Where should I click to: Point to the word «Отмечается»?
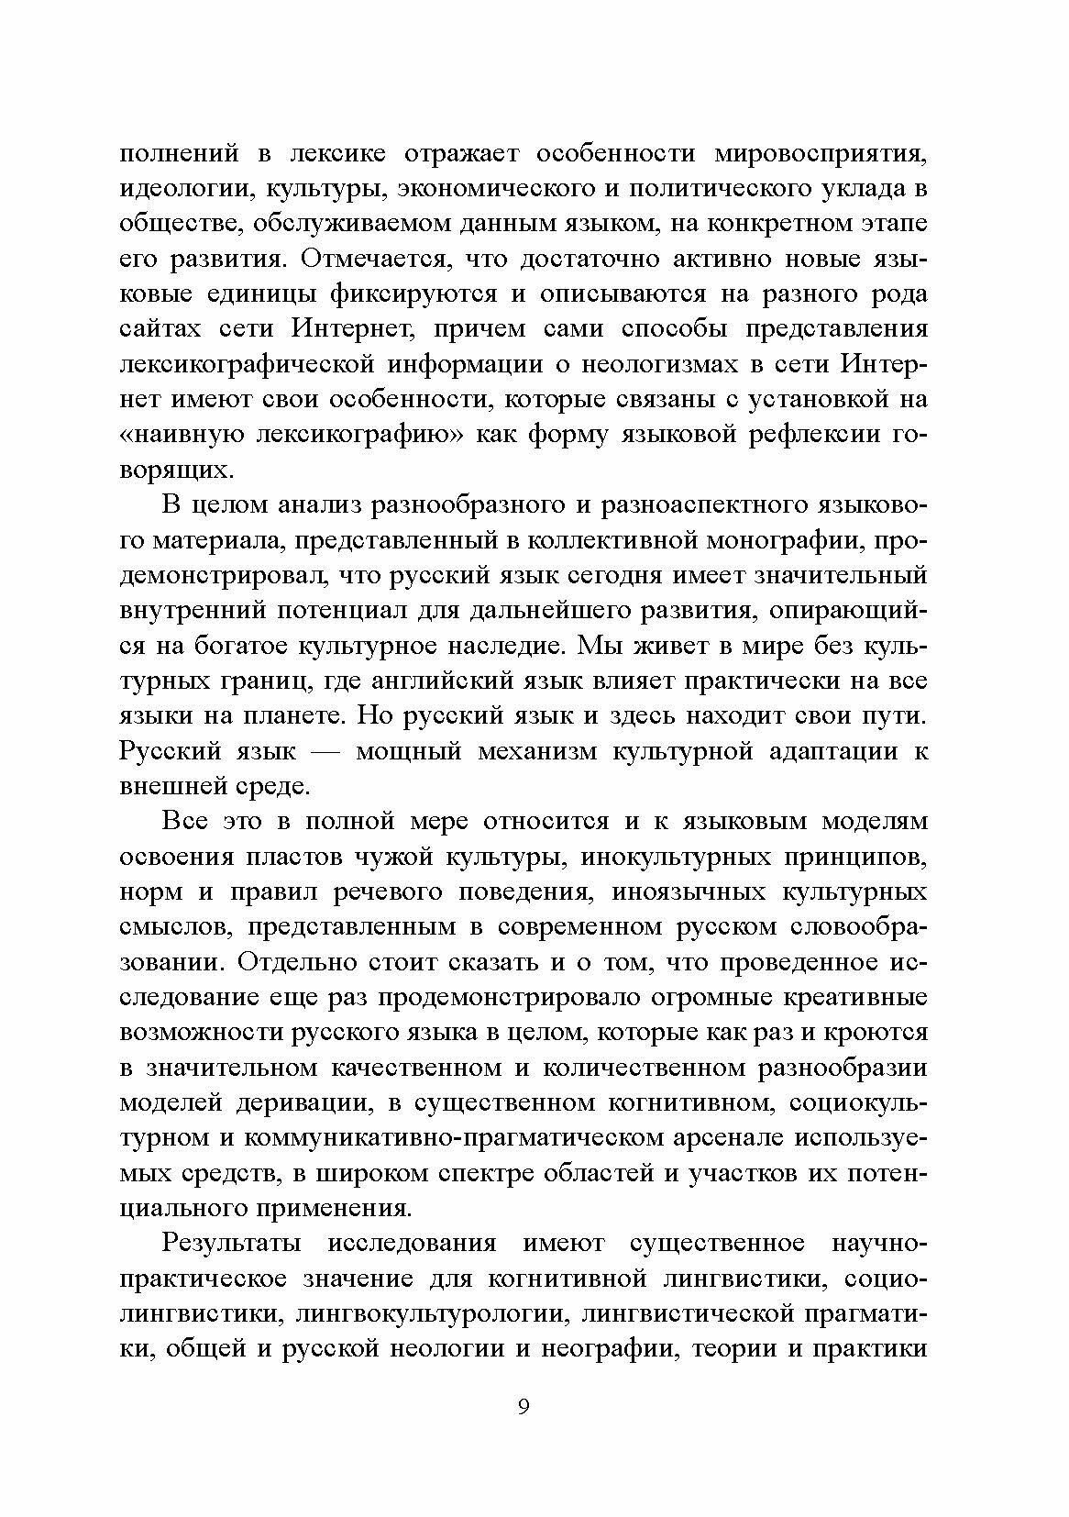tap(375, 260)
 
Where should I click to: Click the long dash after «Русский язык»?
tap(325, 750)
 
